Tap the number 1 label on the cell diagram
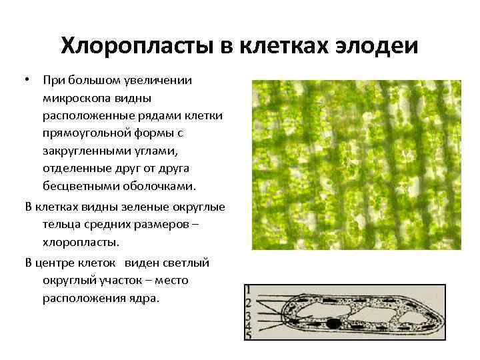point(248,290)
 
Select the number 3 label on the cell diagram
point(248,315)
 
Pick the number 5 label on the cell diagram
point(248,336)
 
